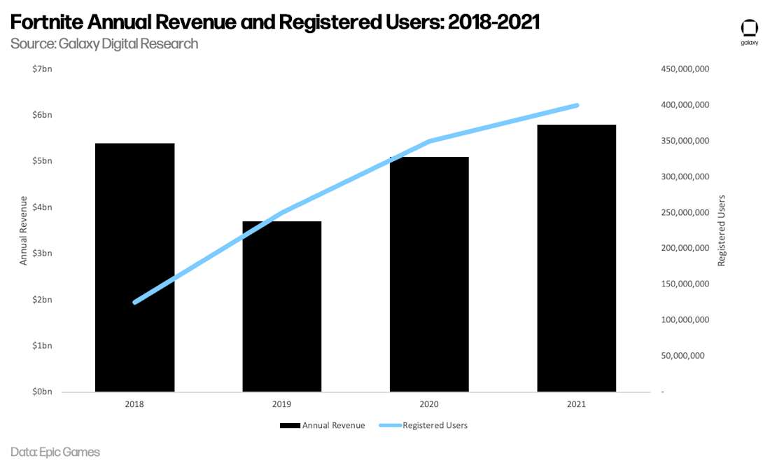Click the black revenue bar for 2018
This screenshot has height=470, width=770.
[x=134, y=280]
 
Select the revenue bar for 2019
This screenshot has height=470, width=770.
[x=282, y=315]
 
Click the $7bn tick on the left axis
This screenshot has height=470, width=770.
[x=42, y=69]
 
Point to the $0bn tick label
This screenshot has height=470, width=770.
[x=42, y=392]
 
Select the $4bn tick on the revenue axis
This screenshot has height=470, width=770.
[x=42, y=207]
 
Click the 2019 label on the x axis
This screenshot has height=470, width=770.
[x=282, y=404]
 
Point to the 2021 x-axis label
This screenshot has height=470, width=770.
[x=577, y=404]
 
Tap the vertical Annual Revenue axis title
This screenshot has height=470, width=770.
[x=24, y=230]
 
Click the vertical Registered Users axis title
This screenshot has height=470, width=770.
[x=722, y=230]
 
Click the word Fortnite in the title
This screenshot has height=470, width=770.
[x=46, y=22]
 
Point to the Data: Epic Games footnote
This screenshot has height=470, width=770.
[x=55, y=452]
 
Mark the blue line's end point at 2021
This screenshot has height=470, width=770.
[x=577, y=105]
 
